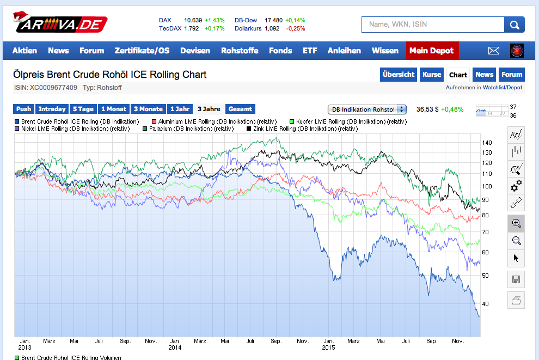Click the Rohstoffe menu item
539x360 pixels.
[240, 51]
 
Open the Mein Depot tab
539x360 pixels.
[432, 51]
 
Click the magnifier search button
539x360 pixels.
[514, 25]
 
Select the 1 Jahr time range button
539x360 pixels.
[180, 109]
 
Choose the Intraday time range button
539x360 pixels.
[52, 109]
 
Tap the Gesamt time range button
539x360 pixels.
[240, 109]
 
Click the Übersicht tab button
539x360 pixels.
[399, 75]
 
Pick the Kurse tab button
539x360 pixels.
[432, 75]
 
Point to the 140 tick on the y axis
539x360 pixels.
[487, 143]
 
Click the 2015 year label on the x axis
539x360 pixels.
[328, 347]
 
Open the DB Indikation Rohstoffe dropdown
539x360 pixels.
[367, 109]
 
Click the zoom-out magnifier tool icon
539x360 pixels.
[516, 241]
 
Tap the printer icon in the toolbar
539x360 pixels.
[516, 300]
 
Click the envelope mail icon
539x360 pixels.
[494, 51]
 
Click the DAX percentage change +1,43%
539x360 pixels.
[215, 20]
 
